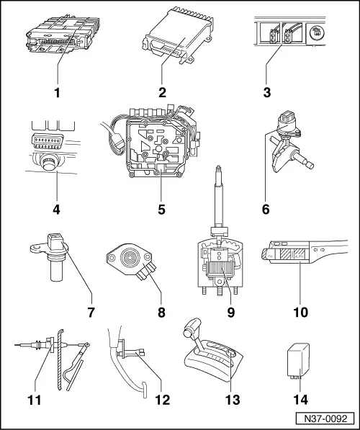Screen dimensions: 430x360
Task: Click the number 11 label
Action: tap(34, 395)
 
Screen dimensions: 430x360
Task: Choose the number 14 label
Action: tap(298, 395)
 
